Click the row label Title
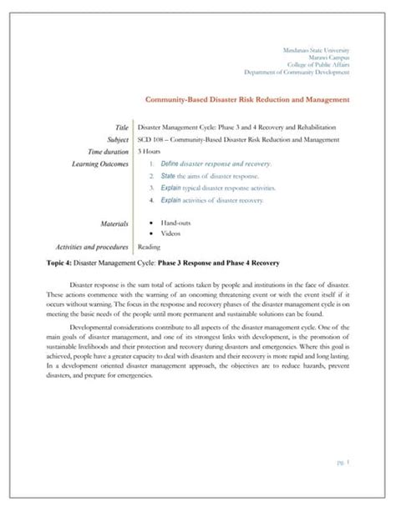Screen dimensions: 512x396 click(x=122, y=127)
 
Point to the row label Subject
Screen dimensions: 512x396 click(x=118, y=139)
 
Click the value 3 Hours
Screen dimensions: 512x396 click(x=149, y=152)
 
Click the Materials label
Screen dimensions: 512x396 click(x=114, y=223)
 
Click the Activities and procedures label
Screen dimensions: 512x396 click(x=92, y=247)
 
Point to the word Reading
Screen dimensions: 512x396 click(x=149, y=247)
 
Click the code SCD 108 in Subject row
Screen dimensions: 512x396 click(x=150, y=139)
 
